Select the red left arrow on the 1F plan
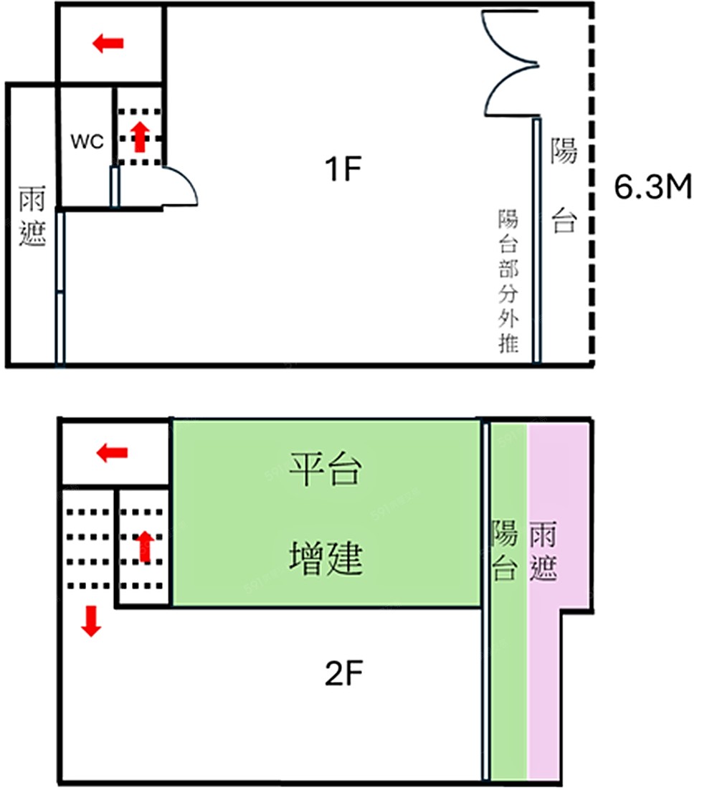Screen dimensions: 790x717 tap(108, 44)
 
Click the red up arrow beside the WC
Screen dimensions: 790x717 tap(141, 136)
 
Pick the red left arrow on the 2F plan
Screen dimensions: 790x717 tap(113, 453)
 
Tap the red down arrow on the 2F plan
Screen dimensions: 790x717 tap(90, 621)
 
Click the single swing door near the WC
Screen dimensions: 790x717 tap(179, 188)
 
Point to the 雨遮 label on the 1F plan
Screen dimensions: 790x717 tap(32, 216)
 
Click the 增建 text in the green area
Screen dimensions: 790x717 tap(326, 558)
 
